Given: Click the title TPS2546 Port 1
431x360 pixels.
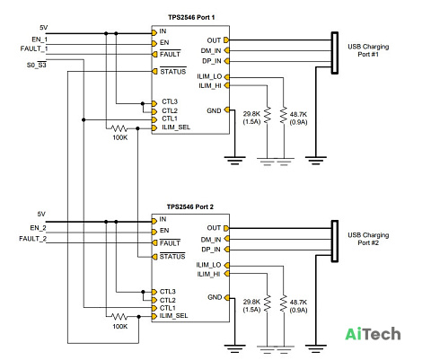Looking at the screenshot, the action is (x=191, y=17).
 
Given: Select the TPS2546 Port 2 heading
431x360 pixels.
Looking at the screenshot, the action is (x=190, y=206).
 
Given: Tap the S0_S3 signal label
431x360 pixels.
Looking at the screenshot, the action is (x=37, y=65).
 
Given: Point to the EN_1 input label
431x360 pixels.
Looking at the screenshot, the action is (x=40, y=40).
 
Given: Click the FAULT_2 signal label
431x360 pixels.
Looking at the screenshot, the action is (x=32, y=239).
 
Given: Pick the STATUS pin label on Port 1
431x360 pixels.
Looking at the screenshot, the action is (x=173, y=72).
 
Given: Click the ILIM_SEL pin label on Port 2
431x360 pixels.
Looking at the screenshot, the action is (x=173, y=316).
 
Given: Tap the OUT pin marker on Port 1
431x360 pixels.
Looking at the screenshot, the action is (x=226, y=40).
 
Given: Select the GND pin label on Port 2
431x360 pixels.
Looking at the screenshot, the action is (x=215, y=297).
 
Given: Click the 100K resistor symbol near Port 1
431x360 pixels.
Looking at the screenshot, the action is (x=119, y=128).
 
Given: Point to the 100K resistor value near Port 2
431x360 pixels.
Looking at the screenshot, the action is (x=120, y=327).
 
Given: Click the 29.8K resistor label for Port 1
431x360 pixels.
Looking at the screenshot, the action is (x=251, y=114).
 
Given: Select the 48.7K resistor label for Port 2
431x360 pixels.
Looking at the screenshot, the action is (x=298, y=303).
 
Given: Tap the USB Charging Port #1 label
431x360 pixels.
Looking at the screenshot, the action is (x=368, y=50).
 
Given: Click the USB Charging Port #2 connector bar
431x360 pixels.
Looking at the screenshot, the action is (x=335, y=241).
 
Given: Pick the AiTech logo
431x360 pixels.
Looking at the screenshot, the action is (x=373, y=334).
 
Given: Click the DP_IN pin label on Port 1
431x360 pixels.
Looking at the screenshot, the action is (x=212, y=61).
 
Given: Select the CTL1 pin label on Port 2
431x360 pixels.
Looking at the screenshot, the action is (x=168, y=308).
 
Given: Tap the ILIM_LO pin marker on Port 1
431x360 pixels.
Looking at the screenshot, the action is (x=226, y=77).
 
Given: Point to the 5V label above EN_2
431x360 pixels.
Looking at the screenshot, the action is (x=41, y=214).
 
